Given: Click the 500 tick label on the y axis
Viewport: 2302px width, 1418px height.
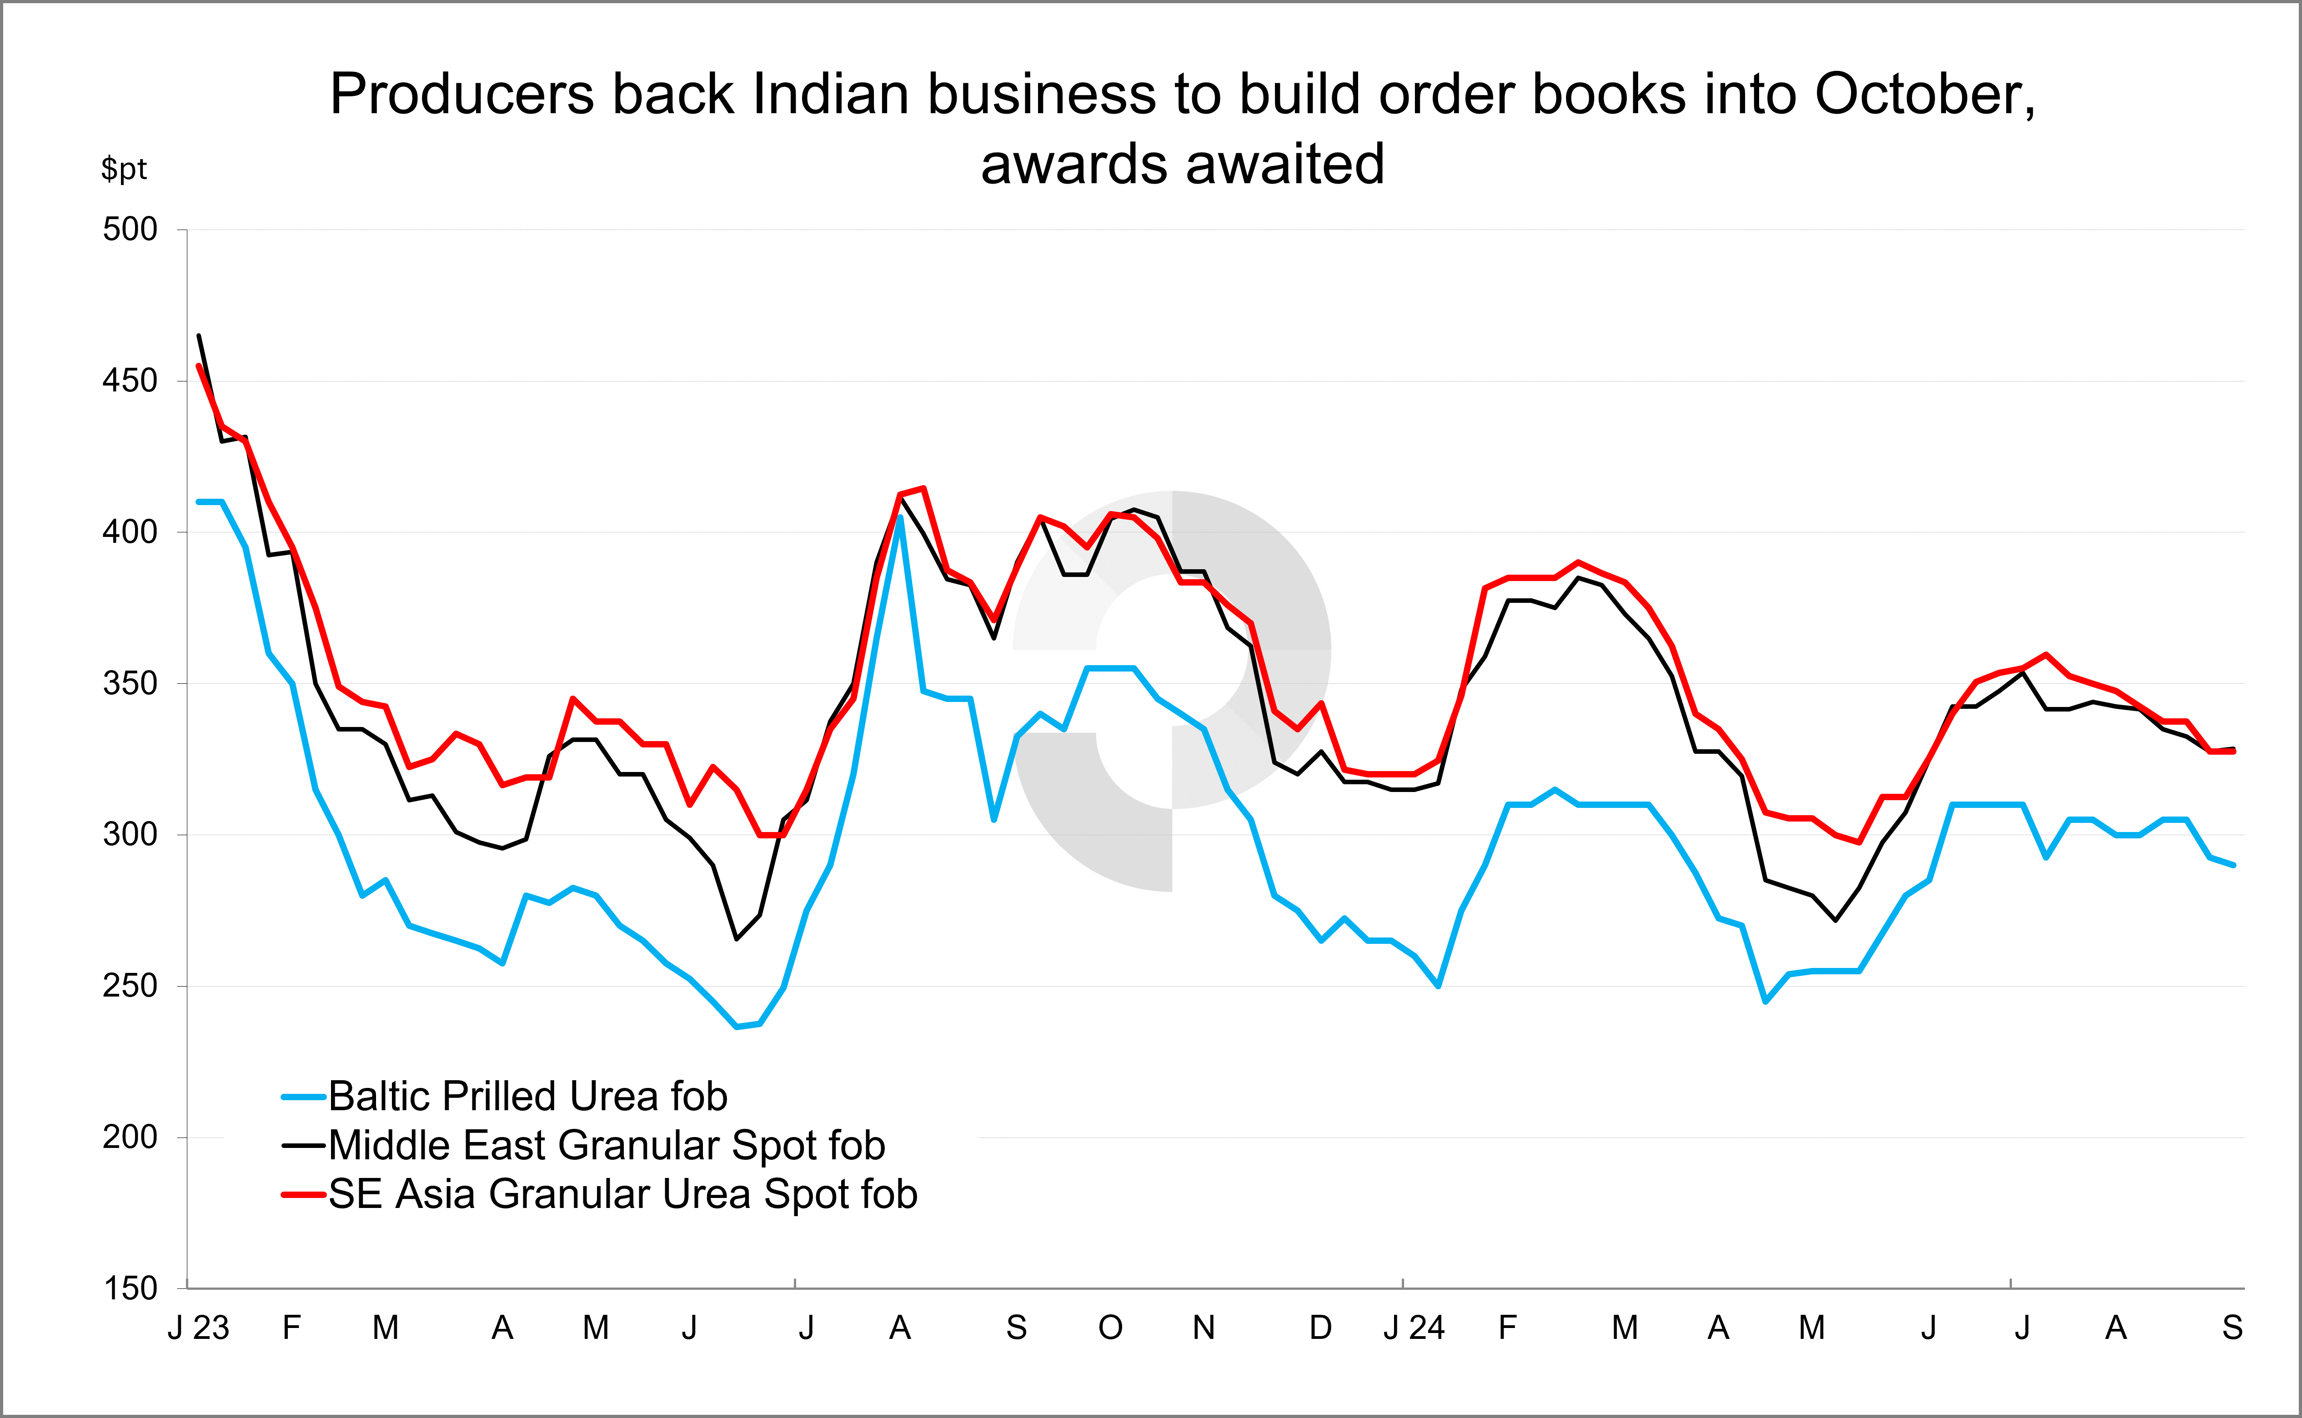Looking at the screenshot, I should click(130, 230).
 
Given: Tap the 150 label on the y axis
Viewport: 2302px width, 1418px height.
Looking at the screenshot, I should click(130, 1288).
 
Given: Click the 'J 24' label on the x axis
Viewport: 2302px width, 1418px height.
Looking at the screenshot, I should click(1414, 1328).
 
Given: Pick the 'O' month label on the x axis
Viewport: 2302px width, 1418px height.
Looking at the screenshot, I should click(1110, 1328).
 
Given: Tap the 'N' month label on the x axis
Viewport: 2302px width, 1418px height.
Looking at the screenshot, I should click(1204, 1328).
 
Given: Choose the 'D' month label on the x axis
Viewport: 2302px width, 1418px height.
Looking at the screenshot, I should click(1320, 1328).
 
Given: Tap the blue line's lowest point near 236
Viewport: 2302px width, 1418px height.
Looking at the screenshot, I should click(737, 1027).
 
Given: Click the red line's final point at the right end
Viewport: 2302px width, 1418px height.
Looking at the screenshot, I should click(2233, 751).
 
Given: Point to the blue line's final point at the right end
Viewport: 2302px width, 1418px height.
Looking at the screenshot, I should click(2233, 865).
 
